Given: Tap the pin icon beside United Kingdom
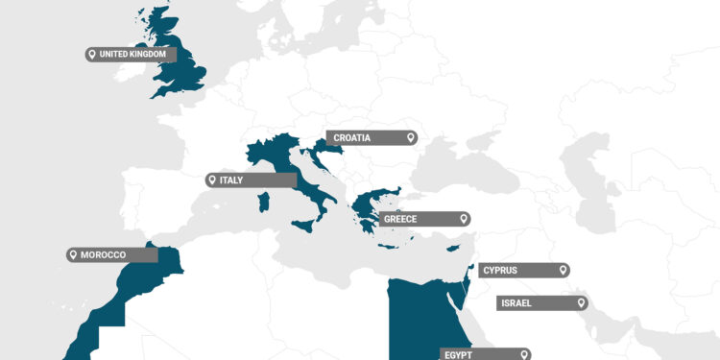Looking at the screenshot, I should tap(91, 55).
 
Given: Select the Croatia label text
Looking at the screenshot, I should tap(352, 138).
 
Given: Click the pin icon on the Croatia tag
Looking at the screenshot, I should tap(410, 138).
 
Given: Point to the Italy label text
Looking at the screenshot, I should tap(231, 180).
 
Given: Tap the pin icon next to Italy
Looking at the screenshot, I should tap(212, 180).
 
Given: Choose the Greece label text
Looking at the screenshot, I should tap(400, 219).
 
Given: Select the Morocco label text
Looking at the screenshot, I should tap(103, 254).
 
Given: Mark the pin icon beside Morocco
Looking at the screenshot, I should tap(72, 254).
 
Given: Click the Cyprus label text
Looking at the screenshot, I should tap(506, 271).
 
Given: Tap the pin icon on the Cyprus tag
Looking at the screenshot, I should tap(563, 271).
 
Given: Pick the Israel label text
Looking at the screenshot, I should tap(522, 303).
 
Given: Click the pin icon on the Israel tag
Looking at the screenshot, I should tap(580, 303).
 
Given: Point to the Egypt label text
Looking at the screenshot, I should tap(459, 354).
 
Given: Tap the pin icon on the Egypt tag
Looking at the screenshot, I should tap(523, 354).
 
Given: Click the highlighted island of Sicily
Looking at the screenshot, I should tap(304, 224).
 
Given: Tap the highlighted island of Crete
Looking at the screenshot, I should tap(388, 247).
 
